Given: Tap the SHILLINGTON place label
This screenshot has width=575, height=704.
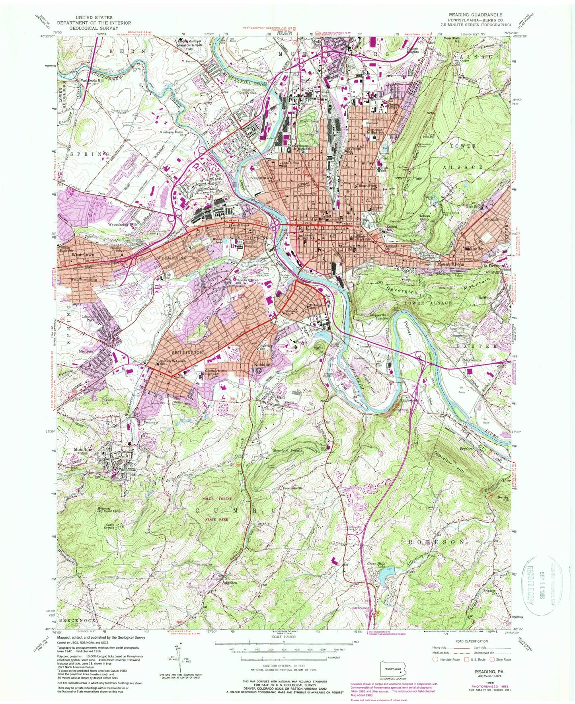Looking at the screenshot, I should coord(176,353).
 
